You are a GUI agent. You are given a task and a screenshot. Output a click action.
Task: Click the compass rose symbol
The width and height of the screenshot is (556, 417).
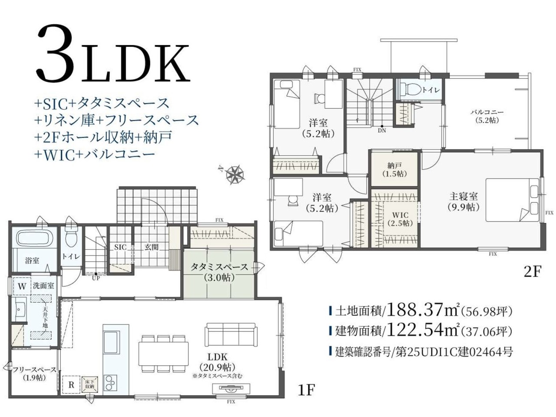tap(235, 174)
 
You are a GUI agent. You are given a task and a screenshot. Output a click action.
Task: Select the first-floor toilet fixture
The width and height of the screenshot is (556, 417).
tap(71, 237)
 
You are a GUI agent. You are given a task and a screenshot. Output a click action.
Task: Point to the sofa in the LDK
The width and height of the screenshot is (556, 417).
tap(231, 335)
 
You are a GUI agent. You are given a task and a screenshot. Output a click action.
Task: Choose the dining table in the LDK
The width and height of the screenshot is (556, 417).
tap(163, 354)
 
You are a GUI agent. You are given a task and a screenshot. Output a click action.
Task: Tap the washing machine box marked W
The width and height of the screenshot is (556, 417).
tap(22, 287)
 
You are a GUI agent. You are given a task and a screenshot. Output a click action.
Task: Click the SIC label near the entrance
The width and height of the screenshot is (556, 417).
tap(120, 247)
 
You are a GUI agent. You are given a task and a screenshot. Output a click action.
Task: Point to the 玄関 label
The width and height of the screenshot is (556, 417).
tap(152, 247)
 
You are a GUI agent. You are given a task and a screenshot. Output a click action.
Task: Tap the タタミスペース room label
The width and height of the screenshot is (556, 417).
tap(219, 267)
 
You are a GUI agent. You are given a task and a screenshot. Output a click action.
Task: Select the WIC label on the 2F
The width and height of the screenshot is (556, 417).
tap(400, 215)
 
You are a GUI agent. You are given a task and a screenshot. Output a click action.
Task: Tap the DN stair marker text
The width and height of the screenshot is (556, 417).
tap(382, 131)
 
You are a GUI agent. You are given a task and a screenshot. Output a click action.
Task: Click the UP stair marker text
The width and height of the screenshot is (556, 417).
tap(96, 278)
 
